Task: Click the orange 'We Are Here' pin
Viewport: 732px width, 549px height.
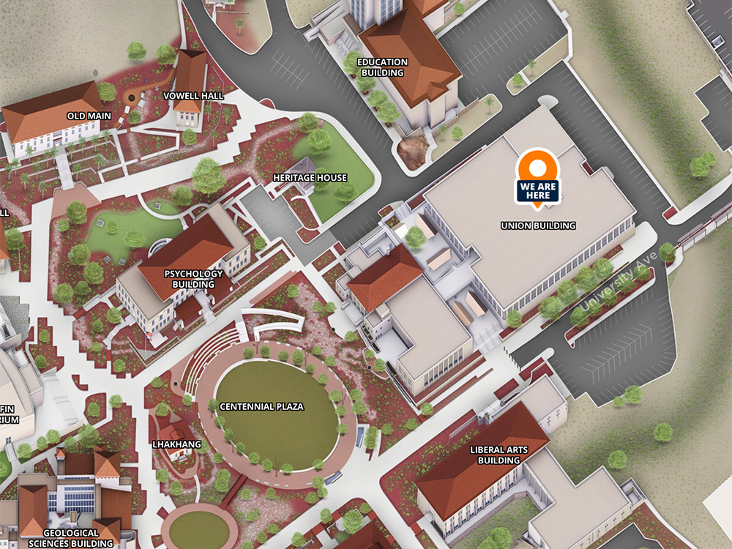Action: click(538, 179)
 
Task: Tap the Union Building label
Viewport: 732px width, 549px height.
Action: click(538, 225)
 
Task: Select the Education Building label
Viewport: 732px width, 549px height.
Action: click(382, 67)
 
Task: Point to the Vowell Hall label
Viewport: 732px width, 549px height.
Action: click(193, 95)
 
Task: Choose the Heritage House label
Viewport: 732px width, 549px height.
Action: click(310, 178)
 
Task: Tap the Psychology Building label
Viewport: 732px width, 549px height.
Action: click(193, 279)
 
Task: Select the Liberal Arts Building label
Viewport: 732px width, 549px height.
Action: click(498, 455)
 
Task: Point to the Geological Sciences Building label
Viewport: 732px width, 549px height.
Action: click(71, 538)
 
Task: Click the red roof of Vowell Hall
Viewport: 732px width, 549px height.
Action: click(190, 73)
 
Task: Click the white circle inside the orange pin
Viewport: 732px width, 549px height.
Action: click(538, 168)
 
